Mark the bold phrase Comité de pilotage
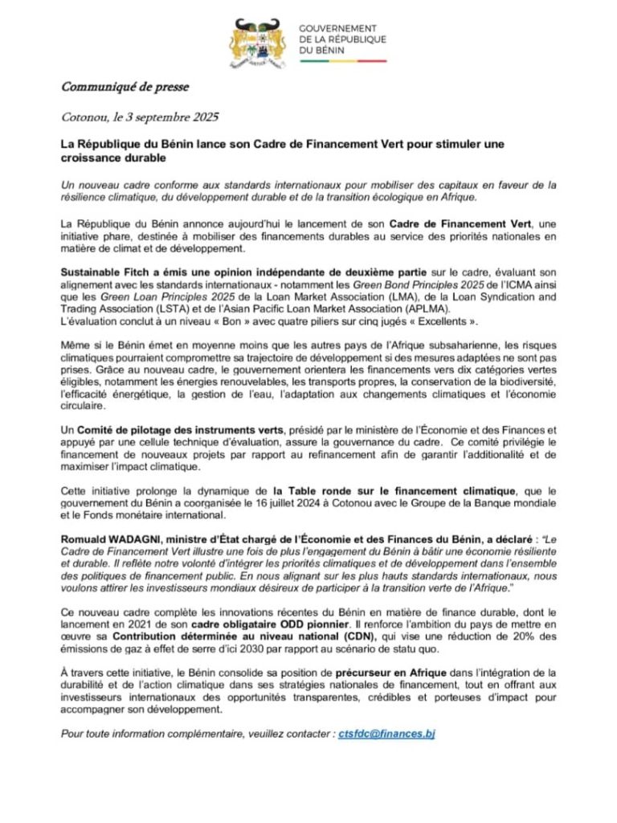tap(148, 431)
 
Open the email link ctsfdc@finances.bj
tap(386, 735)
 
